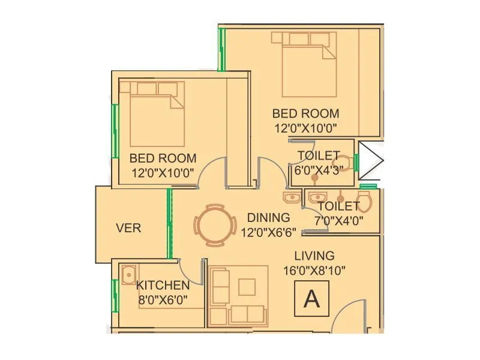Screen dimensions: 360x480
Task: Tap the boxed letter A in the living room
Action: [x=311, y=298]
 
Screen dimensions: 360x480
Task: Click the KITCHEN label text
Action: [x=163, y=286]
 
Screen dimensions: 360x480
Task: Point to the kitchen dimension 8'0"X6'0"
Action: [x=163, y=299]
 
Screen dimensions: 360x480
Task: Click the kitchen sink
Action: [x=128, y=275]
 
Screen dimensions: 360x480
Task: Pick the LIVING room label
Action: [x=310, y=256]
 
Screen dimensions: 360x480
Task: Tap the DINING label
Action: [x=268, y=218]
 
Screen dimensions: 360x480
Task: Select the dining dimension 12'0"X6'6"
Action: [x=268, y=232]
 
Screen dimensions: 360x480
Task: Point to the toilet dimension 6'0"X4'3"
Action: [x=318, y=170]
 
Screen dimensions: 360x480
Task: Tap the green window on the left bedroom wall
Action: [x=115, y=131]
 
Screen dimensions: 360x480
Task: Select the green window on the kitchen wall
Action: [x=113, y=295]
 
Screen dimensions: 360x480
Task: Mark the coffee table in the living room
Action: [x=247, y=287]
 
